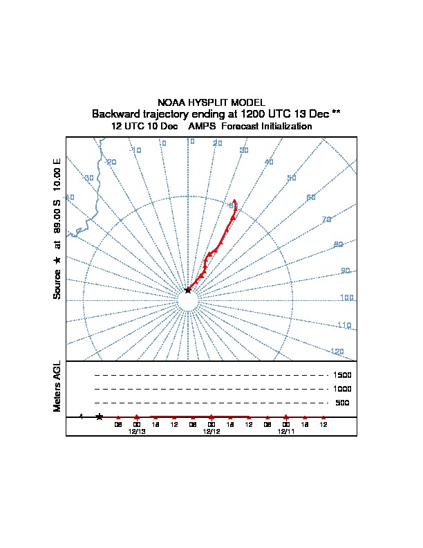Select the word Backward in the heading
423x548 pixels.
(x=117, y=113)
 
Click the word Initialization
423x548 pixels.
(x=283, y=127)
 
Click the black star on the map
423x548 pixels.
(x=188, y=291)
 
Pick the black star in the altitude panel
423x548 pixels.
(x=100, y=417)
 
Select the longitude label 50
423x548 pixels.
(x=292, y=179)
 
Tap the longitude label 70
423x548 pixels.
(x=327, y=220)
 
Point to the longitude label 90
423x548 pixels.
(x=346, y=271)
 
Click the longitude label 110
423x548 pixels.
(x=344, y=325)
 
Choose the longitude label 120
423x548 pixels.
(x=337, y=351)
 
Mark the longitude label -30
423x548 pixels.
(x=88, y=179)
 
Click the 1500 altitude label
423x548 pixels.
(x=343, y=375)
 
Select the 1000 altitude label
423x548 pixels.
(x=343, y=389)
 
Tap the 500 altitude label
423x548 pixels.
(x=343, y=403)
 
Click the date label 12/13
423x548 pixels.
(x=137, y=431)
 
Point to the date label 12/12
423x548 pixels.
(x=211, y=431)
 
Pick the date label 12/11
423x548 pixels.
(x=286, y=431)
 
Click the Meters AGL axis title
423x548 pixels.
(x=57, y=386)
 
